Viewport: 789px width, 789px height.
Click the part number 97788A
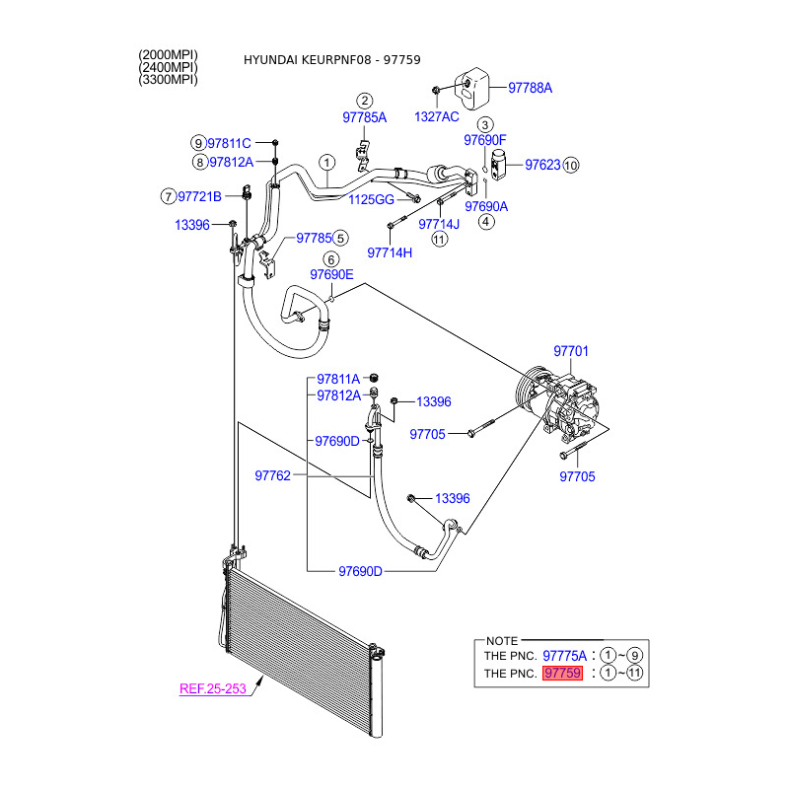pyautogui.click(x=530, y=88)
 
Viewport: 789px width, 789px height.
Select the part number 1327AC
pyautogui.click(x=437, y=116)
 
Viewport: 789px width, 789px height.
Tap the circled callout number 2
pyautogui.click(x=364, y=101)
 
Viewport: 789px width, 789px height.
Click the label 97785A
pyautogui.click(x=364, y=117)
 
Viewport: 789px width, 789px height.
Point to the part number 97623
pyautogui.click(x=541, y=165)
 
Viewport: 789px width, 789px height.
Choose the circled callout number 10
pyautogui.click(x=570, y=165)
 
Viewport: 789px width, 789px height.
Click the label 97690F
pyautogui.click(x=485, y=140)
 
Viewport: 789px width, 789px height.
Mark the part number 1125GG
pyautogui.click(x=371, y=199)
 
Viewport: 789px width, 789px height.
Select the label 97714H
pyautogui.click(x=390, y=252)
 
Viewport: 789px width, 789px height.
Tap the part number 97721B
pyautogui.click(x=199, y=195)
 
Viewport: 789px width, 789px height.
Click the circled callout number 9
pyautogui.click(x=198, y=143)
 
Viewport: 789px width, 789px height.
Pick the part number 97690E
pyautogui.click(x=331, y=275)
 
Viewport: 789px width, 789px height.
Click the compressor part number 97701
pyautogui.click(x=570, y=350)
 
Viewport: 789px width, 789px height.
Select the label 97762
pyautogui.click(x=272, y=475)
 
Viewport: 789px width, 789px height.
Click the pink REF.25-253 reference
pyautogui.click(x=212, y=688)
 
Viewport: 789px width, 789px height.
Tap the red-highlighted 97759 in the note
pyautogui.click(x=563, y=674)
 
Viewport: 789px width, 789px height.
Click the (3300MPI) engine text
pyautogui.click(x=169, y=80)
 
